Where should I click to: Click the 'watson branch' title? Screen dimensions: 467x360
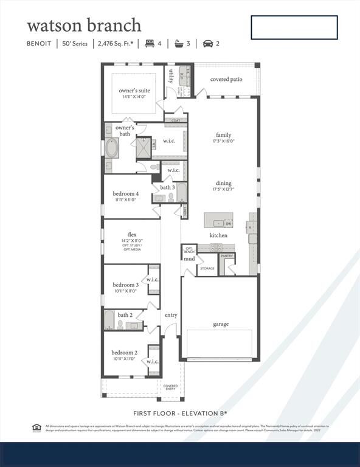[84, 26]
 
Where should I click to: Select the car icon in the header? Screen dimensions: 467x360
[207, 44]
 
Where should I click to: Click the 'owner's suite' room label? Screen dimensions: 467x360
[134, 91]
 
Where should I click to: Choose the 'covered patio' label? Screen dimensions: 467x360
[226, 80]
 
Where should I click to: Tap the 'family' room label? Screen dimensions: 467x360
[224, 135]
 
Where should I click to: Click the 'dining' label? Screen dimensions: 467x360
[224, 183]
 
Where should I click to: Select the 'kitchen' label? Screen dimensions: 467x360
[219, 235]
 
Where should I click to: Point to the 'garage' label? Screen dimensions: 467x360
[221, 324]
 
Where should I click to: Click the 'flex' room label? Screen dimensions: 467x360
[132, 235]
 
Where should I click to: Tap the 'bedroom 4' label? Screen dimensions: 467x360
[126, 194]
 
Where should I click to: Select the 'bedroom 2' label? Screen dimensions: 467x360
[124, 353]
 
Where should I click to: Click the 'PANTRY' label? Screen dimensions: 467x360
[227, 256]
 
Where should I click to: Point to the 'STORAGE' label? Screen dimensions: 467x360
[207, 268]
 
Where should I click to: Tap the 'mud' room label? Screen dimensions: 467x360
[190, 259]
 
